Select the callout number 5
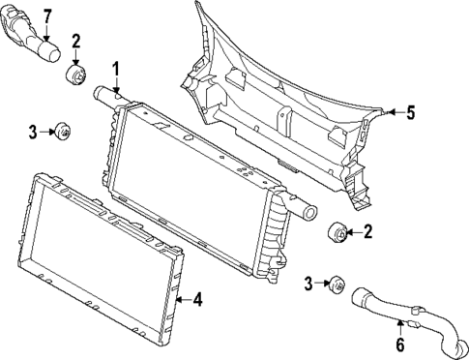[x=410, y=113]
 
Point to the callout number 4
[x=196, y=300]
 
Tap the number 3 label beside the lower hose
[x=309, y=283]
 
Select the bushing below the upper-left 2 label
[x=75, y=75]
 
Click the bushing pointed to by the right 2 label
[x=338, y=232]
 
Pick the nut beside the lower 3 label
[x=337, y=284]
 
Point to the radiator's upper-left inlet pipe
[x=103, y=96]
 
